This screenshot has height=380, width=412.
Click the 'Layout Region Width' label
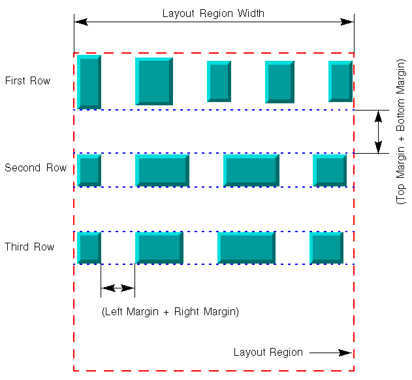[213, 13]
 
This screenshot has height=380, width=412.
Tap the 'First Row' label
[27, 81]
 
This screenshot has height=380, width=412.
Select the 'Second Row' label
[35, 168]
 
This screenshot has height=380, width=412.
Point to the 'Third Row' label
[29, 247]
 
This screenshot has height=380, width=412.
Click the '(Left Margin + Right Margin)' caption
[170, 312]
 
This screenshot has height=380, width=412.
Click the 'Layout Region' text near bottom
[268, 353]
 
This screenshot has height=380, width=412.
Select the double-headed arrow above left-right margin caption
[118, 288]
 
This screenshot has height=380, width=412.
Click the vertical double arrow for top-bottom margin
[377, 131]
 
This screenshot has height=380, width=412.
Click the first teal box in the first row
[89, 82]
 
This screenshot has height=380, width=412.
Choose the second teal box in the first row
[154, 81]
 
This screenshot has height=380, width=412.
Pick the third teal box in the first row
[219, 81]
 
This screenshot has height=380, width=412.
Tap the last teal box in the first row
[340, 81]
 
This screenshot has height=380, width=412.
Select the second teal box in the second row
[162, 170]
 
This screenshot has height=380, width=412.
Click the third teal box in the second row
[251, 170]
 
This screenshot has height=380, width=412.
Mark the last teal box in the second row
[330, 170]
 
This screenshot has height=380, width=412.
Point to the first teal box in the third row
[89, 248]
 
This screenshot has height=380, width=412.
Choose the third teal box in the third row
[246, 248]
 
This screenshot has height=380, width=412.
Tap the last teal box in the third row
[326, 248]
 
